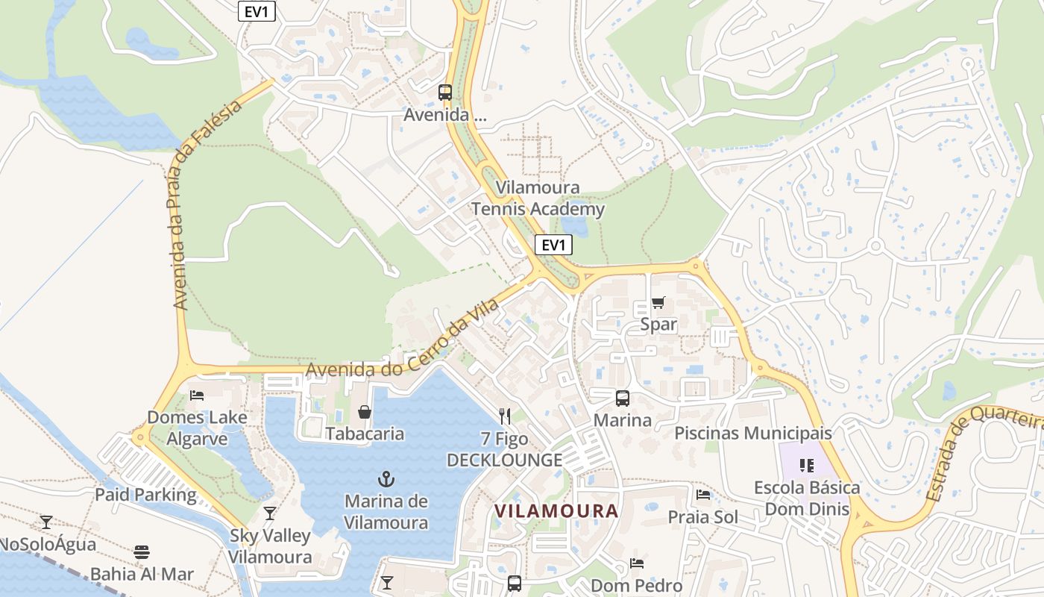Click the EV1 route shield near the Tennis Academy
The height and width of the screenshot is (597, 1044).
(x=553, y=245)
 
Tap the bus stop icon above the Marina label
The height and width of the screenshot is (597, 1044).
(x=622, y=398)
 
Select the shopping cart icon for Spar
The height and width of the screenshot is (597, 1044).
(x=658, y=302)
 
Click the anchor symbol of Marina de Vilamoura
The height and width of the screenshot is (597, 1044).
(x=386, y=478)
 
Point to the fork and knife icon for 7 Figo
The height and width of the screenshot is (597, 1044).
(x=505, y=416)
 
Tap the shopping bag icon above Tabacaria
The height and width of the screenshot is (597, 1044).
(x=365, y=412)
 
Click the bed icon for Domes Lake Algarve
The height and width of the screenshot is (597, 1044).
(x=197, y=395)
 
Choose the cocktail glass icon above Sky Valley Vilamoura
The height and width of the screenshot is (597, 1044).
(x=270, y=513)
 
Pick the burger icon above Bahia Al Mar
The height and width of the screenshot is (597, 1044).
(x=142, y=552)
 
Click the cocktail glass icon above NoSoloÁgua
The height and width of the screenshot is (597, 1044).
(x=46, y=522)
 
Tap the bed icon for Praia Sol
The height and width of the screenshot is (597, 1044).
(x=702, y=495)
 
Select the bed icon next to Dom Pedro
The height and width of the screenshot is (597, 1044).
(x=636, y=563)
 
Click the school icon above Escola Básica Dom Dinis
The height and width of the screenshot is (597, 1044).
(x=806, y=466)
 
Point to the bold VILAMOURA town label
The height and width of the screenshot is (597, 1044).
(x=556, y=511)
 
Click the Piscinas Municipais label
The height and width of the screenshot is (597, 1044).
(x=752, y=433)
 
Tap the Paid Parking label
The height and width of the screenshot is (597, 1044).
(x=145, y=494)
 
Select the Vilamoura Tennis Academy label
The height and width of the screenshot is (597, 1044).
(x=538, y=199)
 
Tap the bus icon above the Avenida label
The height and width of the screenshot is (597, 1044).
(x=445, y=93)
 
